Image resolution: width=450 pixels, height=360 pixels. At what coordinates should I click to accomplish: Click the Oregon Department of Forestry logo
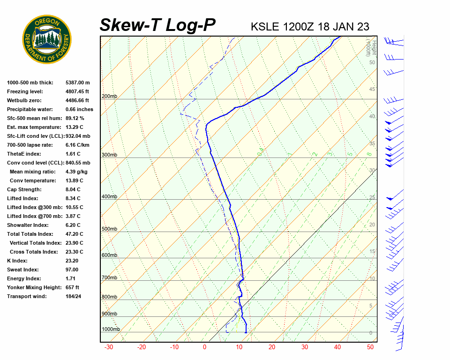coord(47,39)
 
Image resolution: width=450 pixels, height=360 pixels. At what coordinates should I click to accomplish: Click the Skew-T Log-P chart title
coord(158,25)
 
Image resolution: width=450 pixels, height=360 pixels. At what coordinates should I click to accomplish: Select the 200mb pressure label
coord(109,97)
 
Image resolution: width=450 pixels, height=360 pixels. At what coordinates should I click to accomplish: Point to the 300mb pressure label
coord(109,155)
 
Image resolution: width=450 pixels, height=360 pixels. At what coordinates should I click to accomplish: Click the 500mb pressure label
coord(109,229)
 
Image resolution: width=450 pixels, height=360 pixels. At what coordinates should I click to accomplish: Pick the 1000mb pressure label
coord(111,329)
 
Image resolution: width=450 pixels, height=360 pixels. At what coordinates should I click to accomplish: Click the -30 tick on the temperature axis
coord(108,347)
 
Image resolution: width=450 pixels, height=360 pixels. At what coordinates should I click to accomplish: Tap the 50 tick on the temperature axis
coord(370,347)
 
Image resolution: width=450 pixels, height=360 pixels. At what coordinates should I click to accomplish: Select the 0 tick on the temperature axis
coord(204,347)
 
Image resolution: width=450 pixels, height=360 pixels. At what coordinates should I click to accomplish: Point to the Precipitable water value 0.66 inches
coord(79,110)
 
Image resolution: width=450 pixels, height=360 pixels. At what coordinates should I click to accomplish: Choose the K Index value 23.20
coord(72,261)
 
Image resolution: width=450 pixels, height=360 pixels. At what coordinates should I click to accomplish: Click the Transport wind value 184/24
coord(74,296)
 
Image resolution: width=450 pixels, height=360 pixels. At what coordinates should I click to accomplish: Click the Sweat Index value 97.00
coord(72,270)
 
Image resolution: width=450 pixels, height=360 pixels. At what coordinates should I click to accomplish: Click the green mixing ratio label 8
coord(369,154)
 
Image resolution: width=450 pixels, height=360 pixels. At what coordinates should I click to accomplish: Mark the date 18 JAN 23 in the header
coord(343,26)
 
